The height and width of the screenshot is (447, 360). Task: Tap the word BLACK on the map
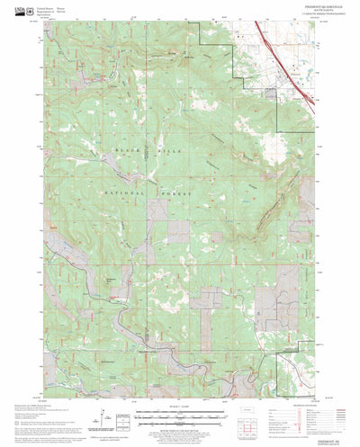pos(126,148)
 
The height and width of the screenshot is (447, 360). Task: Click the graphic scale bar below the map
pos(179,417)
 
